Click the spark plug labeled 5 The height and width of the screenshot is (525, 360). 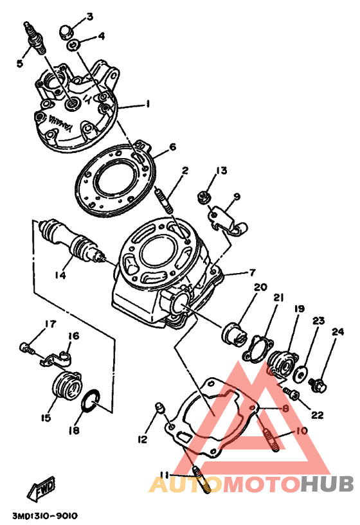[35, 38]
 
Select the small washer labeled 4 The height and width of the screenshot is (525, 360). [74, 45]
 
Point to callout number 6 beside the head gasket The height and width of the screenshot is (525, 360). [172, 147]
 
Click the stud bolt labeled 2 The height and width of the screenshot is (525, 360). [164, 200]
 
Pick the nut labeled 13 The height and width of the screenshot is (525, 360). [203, 197]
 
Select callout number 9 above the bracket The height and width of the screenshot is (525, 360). [237, 196]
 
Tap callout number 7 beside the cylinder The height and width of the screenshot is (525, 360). [252, 272]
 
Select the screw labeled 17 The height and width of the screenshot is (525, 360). [27, 348]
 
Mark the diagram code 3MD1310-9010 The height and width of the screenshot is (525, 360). [45, 516]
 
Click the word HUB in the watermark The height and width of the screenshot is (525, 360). [327, 484]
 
